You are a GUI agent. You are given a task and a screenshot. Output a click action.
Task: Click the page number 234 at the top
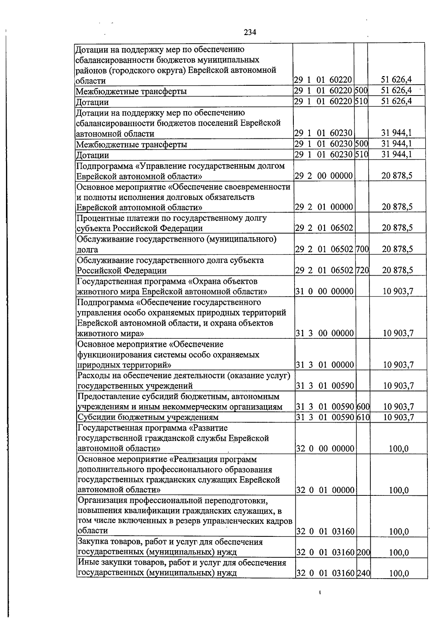pyautogui.click(x=250, y=32)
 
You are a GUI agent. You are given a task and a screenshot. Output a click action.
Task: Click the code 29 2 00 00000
pyautogui.click(x=324, y=175)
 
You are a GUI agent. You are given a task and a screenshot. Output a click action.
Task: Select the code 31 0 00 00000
pyautogui.click(x=324, y=291)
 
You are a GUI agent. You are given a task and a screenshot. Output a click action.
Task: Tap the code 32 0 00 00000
pyautogui.click(x=325, y=448)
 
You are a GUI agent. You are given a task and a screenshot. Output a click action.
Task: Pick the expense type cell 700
pyautogui.click(x=362, y=249)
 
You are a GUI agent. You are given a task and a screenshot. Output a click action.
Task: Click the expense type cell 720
pyautogui.click(x=362, y=270)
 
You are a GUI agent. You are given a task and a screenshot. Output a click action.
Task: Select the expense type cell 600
pyautogui.click(x=363, y=407)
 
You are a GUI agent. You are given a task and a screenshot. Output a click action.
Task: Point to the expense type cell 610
pyautogui.click(x=363, y=417)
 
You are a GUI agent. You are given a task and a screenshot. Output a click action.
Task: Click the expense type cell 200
pyautogui.click(x=363, y=552)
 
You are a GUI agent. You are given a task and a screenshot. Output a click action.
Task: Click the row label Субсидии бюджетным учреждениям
pyautogui.click(x=148, y=417)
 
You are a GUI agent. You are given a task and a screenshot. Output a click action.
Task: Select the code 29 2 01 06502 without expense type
pyautogui.click(x=324, y=228)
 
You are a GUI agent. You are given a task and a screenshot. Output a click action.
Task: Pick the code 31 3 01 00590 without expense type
pyautogui.click(x=325, y=386)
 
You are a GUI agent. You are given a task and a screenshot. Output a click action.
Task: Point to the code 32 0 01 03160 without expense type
pyautogui.click(x=325, y=531)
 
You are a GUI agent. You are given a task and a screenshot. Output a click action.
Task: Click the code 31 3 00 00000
pyautogui.click(x=325, y=333)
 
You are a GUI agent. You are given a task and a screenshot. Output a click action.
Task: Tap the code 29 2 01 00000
pyautogui.click(x=324, y=207)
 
